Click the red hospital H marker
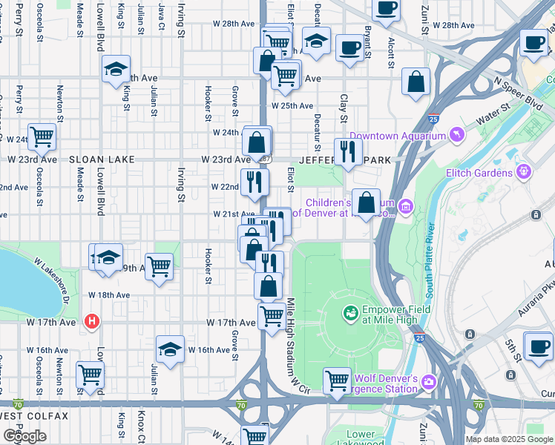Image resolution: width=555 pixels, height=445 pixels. [91, 321]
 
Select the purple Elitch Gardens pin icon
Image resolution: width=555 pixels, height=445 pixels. [525, 172]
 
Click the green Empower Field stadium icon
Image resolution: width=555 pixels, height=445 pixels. [349, 314]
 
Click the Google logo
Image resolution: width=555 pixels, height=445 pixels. [24, 436]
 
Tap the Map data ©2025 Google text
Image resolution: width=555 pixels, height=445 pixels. [509, 439]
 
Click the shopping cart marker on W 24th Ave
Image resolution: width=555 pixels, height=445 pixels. [42, 136]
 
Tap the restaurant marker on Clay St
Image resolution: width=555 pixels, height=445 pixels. [347, 151]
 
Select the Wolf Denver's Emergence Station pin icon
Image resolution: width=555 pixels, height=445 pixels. [429, 382]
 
